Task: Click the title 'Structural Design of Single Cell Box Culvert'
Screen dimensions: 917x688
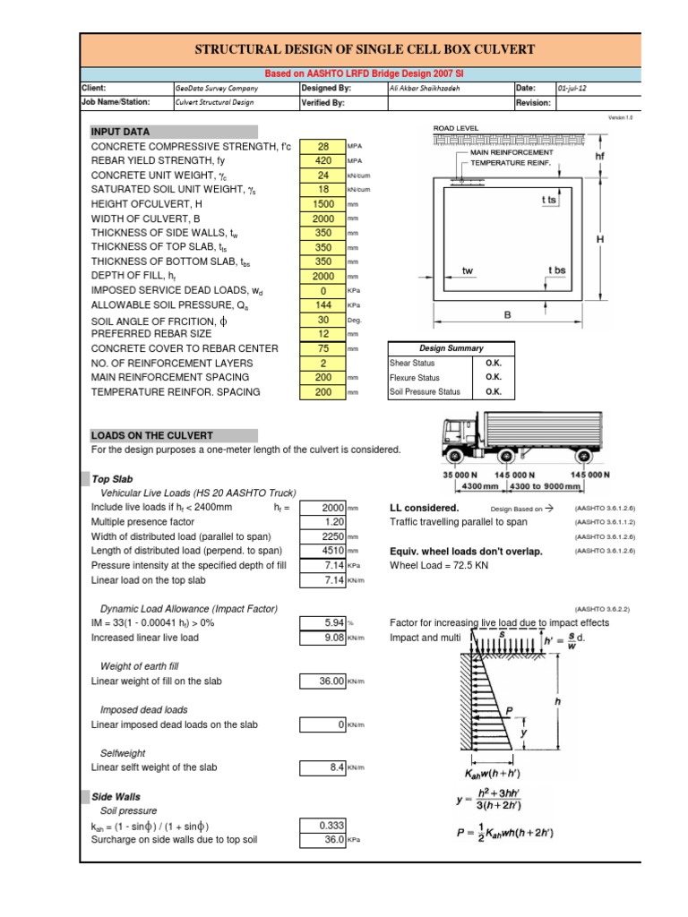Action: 360,49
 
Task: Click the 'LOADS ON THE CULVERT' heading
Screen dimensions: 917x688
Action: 151,434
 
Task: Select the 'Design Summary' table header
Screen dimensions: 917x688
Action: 451,348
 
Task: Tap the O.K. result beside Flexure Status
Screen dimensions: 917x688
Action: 493,377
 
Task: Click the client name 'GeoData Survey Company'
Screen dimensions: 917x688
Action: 217,89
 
